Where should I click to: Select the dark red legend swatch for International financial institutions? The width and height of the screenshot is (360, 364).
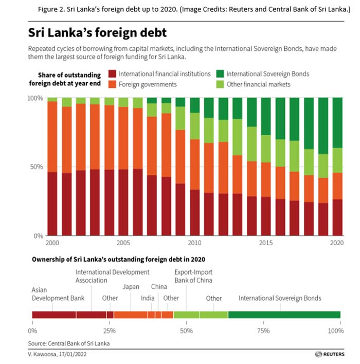[112, 74]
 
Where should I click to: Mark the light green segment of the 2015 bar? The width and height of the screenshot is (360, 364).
[266, 149]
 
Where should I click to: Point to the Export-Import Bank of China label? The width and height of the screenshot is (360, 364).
[193, 277]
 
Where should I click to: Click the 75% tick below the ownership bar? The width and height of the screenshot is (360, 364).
[263, 330]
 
